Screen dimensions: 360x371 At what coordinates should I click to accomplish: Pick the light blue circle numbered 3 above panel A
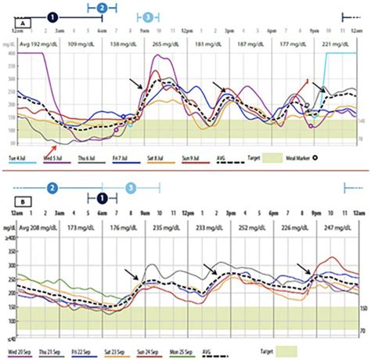tap(149, 16)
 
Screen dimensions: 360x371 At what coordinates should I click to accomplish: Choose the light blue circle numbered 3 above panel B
tap(131, 189)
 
